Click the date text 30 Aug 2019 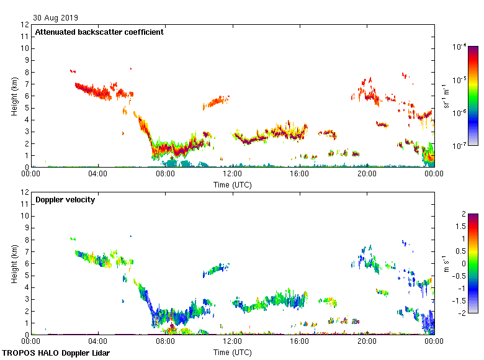[56, 18]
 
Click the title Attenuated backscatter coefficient [99, 32]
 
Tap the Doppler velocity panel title [65, 200]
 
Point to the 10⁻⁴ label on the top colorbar [460, 47]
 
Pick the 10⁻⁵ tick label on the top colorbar [460, 79]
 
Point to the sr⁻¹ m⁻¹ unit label [446, 96]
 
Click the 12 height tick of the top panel [25, 25]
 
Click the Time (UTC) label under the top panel [233, 184]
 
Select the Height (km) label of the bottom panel [14, 263]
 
